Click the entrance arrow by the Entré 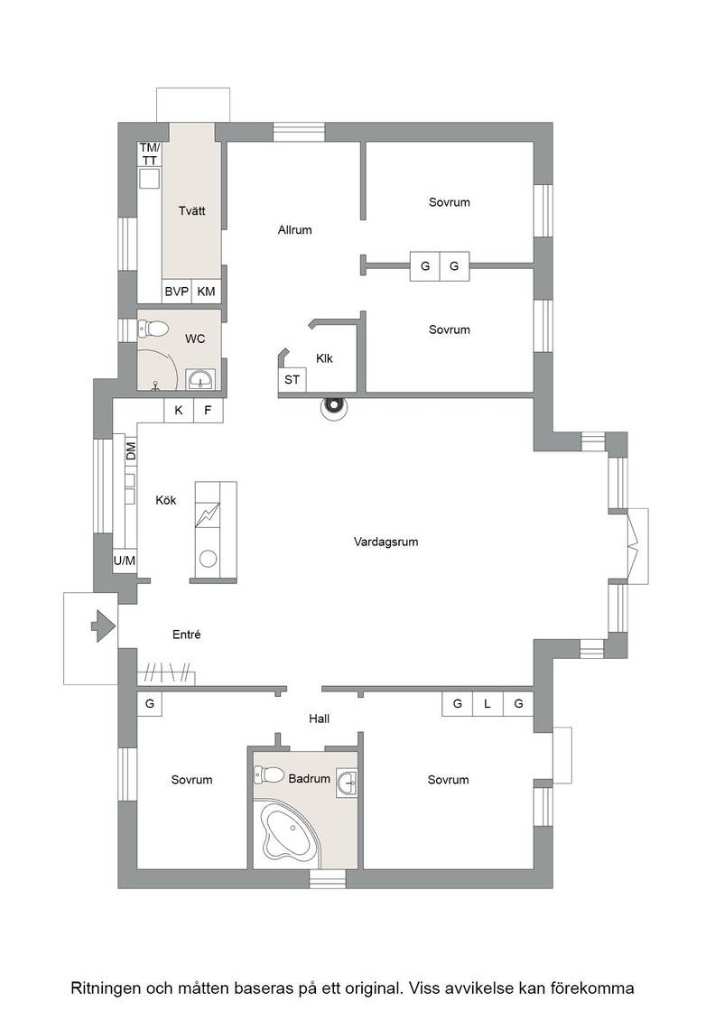[103, 626]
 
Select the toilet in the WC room [153, 329]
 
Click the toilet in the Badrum [270, 774]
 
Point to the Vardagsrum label [385, 542]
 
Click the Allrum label [294, 229]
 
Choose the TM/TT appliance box [150, 154]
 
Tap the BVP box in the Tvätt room [177, 292]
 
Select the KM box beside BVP [207, 292]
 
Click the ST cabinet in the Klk [292, 379]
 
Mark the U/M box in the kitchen [125, 561]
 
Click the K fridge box [179, 410]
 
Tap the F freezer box [209, 410]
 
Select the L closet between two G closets [487, 704]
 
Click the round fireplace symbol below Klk [334, 405]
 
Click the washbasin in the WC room [201, 380]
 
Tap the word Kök [166, 500]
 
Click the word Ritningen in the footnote [105, 988]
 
